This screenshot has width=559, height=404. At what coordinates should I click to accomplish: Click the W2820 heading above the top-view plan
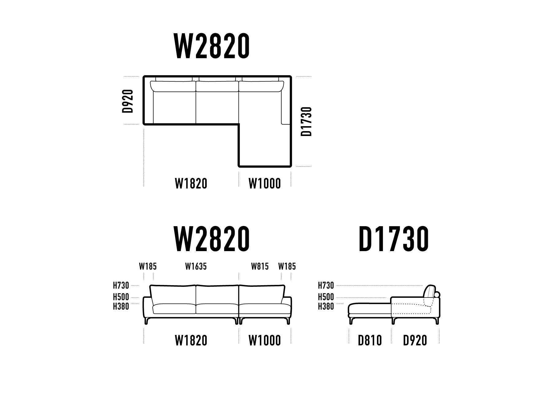(x=212, y=46)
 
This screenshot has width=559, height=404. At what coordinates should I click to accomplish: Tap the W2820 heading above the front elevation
(x=212, y=239)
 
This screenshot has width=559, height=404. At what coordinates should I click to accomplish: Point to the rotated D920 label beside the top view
(x=128, y=101)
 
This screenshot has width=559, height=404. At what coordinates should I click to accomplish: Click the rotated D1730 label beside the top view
(x=307, y=121)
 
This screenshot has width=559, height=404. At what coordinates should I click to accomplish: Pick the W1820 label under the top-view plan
(x=191, y=184)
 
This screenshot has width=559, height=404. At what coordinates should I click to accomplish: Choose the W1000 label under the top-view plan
(x=264, y=184)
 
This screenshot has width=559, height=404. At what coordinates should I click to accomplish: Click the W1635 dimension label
(x=196, y=266)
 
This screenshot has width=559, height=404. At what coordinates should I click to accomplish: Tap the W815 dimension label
(x=260, y=266)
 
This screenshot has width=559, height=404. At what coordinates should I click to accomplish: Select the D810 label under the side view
(x=370, y=340)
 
